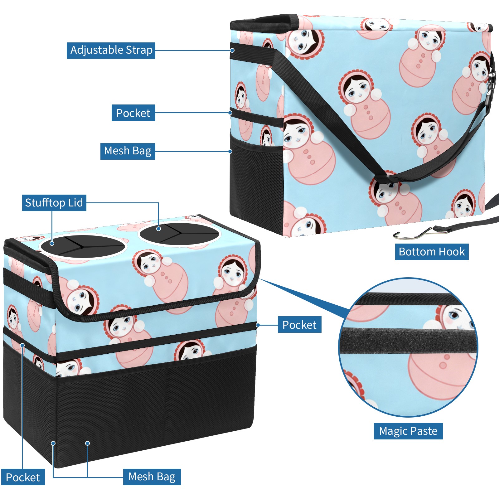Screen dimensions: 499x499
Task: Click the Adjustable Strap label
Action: coord(111,50)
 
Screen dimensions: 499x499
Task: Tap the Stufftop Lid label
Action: coord(54,203)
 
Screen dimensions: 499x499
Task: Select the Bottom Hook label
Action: coord(432,252)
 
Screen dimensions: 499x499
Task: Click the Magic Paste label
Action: coord(408,431)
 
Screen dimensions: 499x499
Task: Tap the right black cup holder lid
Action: coord(180,234)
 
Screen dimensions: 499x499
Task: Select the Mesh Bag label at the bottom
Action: coord(152,477)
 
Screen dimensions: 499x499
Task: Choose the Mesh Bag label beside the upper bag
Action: coord(128,151)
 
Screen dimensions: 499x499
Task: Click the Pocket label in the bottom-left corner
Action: coord(23,477)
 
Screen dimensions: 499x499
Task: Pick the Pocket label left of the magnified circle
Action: coord(299,325)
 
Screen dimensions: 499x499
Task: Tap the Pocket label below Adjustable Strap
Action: coord(133,113)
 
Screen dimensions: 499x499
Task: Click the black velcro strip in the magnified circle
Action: coord(409,341)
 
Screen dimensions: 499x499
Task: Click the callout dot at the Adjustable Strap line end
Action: coord(232,50)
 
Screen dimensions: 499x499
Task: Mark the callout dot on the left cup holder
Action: coord(52,243)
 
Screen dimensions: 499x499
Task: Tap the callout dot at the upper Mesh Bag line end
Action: coord(230,151)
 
